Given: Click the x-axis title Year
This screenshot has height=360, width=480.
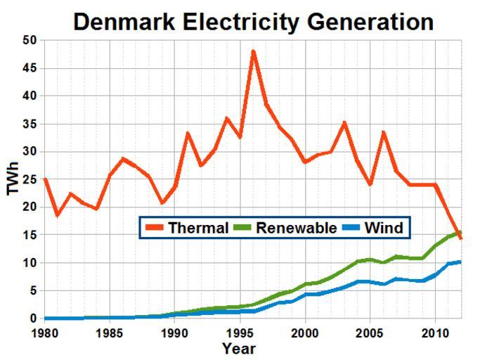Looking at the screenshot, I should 239,349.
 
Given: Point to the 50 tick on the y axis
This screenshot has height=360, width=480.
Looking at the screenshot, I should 28,40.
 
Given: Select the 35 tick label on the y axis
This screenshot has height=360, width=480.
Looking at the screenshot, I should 28,124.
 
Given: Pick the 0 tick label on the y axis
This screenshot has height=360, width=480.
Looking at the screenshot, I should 32,319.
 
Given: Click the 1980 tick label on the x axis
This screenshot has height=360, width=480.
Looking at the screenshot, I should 44,331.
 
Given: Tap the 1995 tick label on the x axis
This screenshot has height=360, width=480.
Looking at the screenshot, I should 240,331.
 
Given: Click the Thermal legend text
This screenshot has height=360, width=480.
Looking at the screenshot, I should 197,229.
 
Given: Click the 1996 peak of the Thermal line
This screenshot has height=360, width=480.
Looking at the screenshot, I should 253,51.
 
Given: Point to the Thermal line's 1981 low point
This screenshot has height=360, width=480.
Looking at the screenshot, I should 57,215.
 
